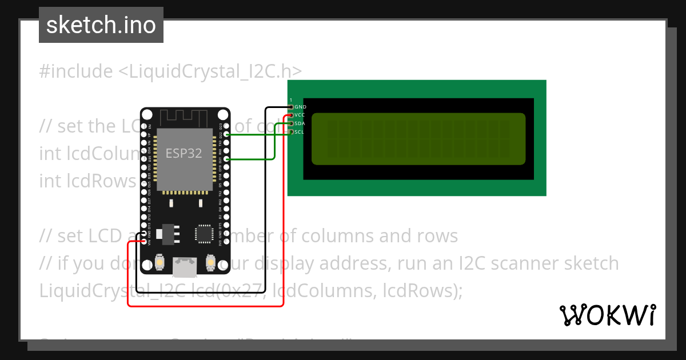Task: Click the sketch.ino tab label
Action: (x=101, y=25)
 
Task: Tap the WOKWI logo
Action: (x=607, y=315)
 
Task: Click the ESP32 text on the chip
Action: (x=184, y=153)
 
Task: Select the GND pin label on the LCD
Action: (x=300, y=107)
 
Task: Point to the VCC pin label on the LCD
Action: (x=300, y=115)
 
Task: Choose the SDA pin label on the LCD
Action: (x=300, y=123)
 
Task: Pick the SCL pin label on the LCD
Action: (x=299, y=132)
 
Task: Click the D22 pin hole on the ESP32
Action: (x=228, y=134)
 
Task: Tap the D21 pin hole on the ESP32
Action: (x=228, y=159)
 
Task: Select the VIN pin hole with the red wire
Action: (x=143, y=242)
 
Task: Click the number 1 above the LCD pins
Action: (x=291, y=100)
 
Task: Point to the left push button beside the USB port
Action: (x=161, y=262)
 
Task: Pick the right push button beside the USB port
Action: (x=210, y=262)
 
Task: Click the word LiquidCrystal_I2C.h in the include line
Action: (x=210, y=71)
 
